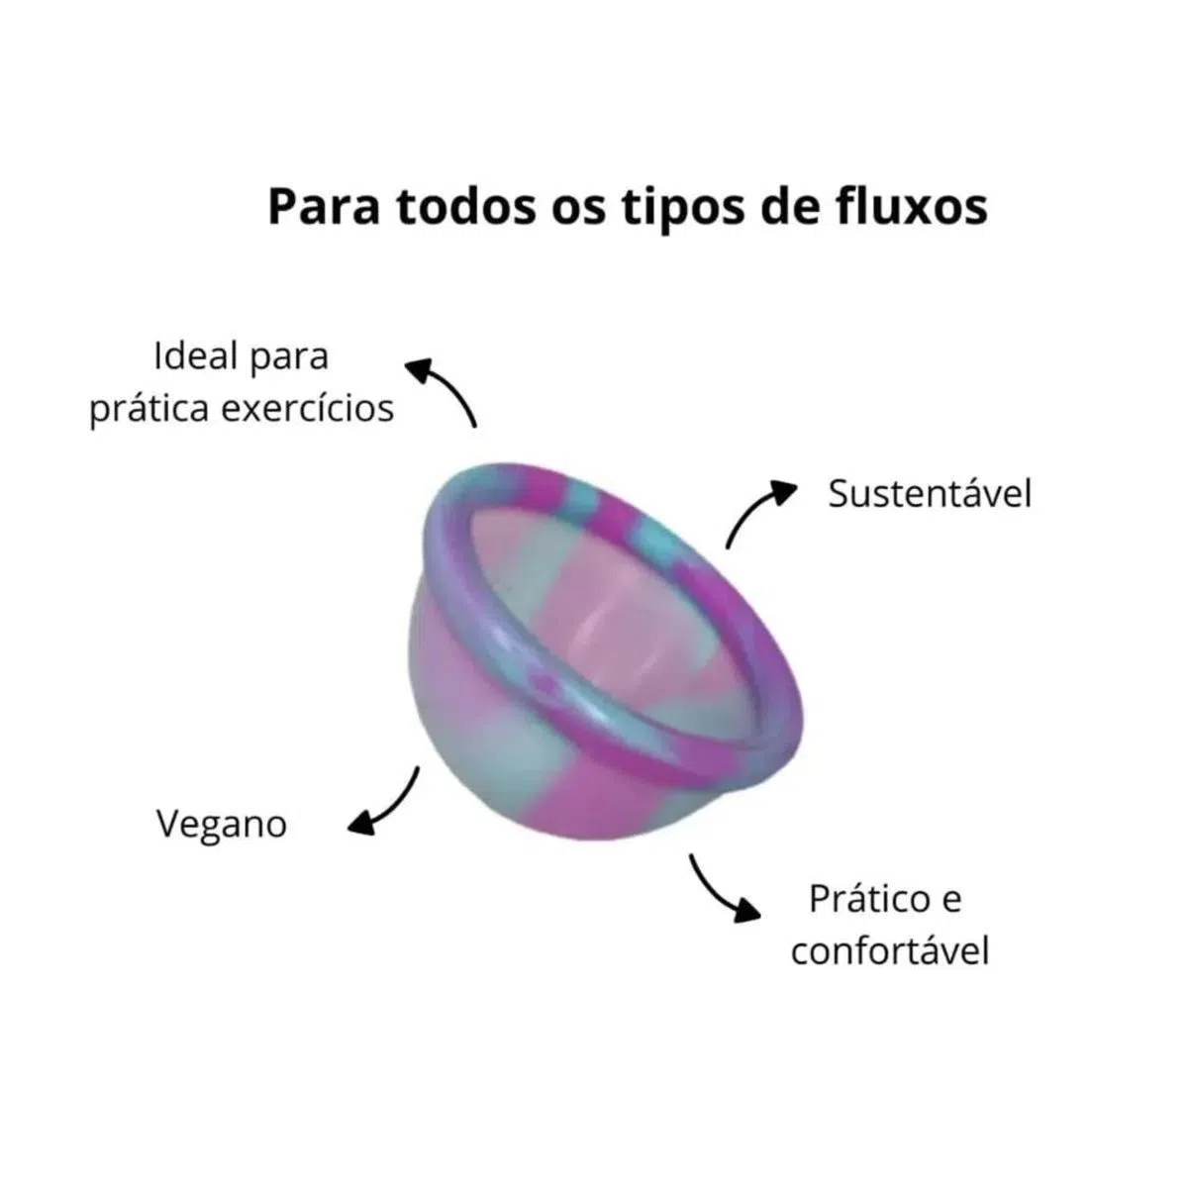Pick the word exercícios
click(x=307, y=408)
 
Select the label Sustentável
click(x=930, y=493)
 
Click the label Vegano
click(x=222, y=825)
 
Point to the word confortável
click(x=890, y=951)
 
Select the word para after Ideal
click(x=288, y=357)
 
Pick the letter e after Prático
click(x=949, y=900)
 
